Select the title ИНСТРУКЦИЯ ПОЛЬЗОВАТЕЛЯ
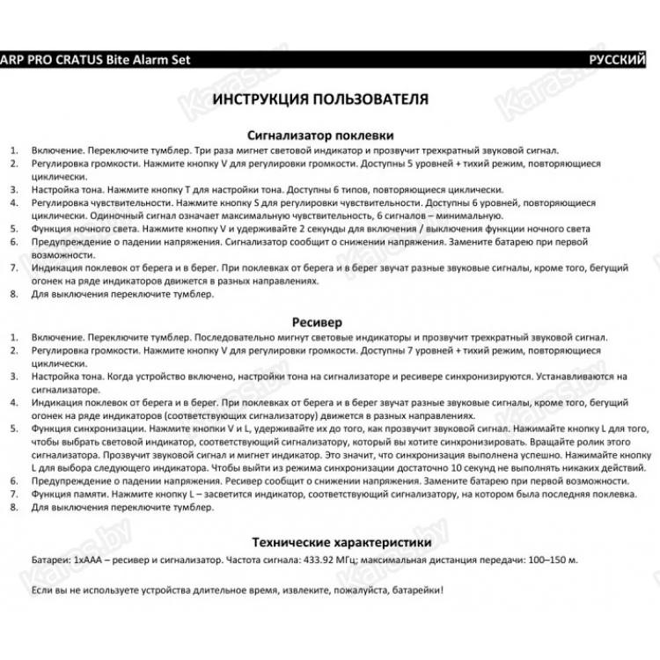(x=320, y=99)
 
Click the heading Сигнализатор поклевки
(x=319, y=136)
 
